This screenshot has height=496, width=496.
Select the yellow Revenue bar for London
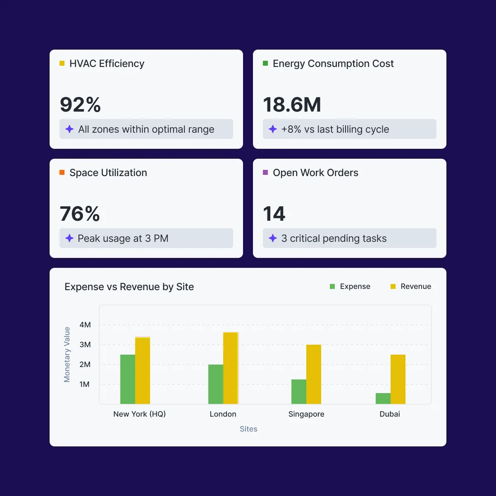tap(231, 368)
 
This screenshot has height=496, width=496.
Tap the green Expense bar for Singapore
tap(298, 391)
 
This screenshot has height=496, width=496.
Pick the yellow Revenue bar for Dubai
tap(398, 379)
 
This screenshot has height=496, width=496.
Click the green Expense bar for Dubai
tap(383, 398)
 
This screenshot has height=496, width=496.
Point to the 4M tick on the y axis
tap(85, 325)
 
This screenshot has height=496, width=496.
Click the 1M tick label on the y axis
tap(85, 384)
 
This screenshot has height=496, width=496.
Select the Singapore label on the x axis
tap(306, 414)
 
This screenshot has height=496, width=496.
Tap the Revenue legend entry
tap(411, 286)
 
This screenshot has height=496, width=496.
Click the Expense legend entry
tap(350, 286)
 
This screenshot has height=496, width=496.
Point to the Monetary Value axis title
tap(67, 354)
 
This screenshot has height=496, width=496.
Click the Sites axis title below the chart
tap(248, 429)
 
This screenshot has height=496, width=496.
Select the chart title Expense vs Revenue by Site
tap(129, 287)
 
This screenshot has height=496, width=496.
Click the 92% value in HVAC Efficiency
tap(80, 105)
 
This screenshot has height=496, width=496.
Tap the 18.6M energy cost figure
tap(292, 105)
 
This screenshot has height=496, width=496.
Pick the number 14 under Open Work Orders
tap(274, 214)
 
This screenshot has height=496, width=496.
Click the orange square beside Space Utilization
tap(62, 172)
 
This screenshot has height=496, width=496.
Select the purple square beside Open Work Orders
tap(265, 172)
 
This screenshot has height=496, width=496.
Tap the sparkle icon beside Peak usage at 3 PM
tap(69, 238)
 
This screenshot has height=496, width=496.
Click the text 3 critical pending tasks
tap(334, 238)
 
